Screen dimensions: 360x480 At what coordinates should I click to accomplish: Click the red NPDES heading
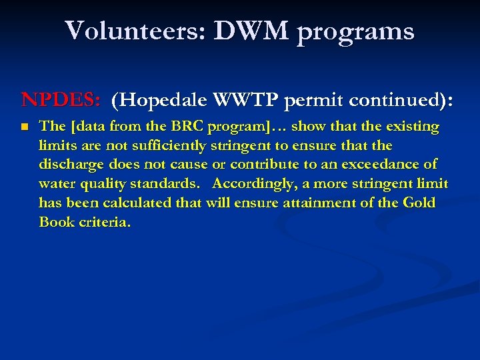click(61, 100)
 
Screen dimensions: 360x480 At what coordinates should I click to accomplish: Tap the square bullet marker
click(25, 127)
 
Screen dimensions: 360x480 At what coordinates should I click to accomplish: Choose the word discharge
click(70, 164)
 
